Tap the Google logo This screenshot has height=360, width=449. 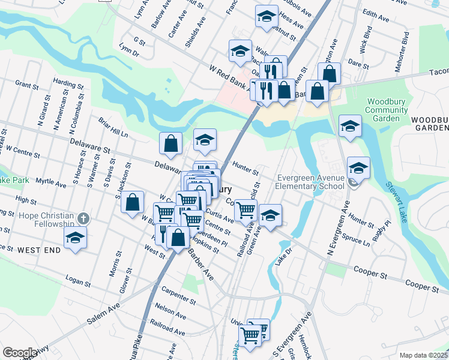pos(19,353)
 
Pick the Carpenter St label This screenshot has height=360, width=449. pos(179,297)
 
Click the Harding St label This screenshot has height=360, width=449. pos(64,80)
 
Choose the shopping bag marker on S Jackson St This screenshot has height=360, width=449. pos(133,202)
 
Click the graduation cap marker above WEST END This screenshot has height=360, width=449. pos(75,238)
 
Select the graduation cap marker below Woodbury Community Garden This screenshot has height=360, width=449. pos(350,126)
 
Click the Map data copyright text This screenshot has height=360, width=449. pos(423,355)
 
